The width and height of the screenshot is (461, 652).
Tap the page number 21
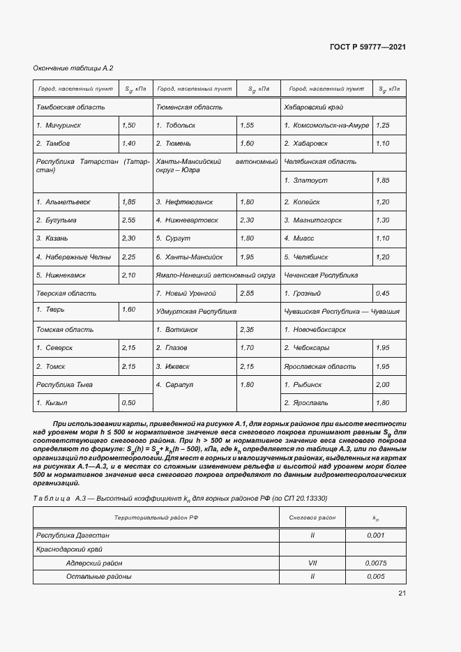tap(402, 593)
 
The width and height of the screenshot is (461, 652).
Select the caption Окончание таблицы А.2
tap(73, 68)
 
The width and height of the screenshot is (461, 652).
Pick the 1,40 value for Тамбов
tap(128, 144)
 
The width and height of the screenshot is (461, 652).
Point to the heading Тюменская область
tap(189, 107)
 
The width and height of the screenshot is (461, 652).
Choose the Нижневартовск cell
tap(190, 220)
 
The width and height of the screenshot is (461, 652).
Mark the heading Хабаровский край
tap(313, 107)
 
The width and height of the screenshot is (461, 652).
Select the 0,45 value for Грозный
tap(382, 294)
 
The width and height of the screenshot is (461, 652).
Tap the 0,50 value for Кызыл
tap(128, 403)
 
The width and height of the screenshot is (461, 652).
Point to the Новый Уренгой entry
tap(190, 294)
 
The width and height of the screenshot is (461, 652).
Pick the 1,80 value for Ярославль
tap(382, 403)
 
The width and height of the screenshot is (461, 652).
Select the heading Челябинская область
tap(320, 162)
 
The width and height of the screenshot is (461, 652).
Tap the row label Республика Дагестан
tap(73, 536)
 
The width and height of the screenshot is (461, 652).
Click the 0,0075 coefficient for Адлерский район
tap(375, 563)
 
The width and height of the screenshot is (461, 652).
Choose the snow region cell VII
tap(312, 563)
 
